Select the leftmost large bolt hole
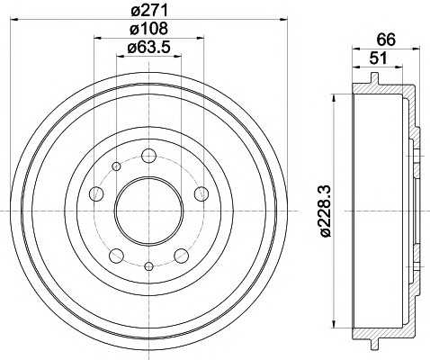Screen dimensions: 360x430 click(95, 194)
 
